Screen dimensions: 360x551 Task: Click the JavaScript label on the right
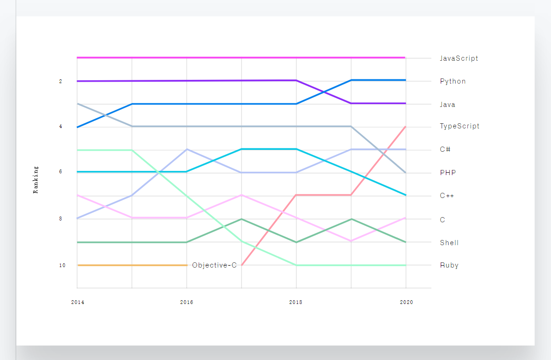[458, 58]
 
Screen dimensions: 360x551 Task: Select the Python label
[452, 81]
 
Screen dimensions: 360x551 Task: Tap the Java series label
[447, 105]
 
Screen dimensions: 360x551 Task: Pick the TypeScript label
[459, 126]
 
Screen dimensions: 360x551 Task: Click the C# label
[445, 149]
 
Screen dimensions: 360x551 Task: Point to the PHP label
[447, 173]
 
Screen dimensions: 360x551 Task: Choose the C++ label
[447, 196]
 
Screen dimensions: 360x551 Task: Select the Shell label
[449, 243]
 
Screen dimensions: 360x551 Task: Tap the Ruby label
[449, 265]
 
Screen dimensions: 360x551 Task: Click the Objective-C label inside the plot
[214, 265]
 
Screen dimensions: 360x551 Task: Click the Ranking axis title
[36, 180]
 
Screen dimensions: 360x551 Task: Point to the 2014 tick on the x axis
[78, 302]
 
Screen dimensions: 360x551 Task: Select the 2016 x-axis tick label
[186, 302]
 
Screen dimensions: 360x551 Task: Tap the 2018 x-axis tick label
[296, 302]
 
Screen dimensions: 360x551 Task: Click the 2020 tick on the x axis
[406, 302]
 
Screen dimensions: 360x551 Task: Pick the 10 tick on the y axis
[62, 265]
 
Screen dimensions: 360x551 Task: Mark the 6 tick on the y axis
[60, 172]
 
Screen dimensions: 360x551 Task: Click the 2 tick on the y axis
[60, 81]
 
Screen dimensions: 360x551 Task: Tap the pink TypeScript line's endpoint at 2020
[405, 127]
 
